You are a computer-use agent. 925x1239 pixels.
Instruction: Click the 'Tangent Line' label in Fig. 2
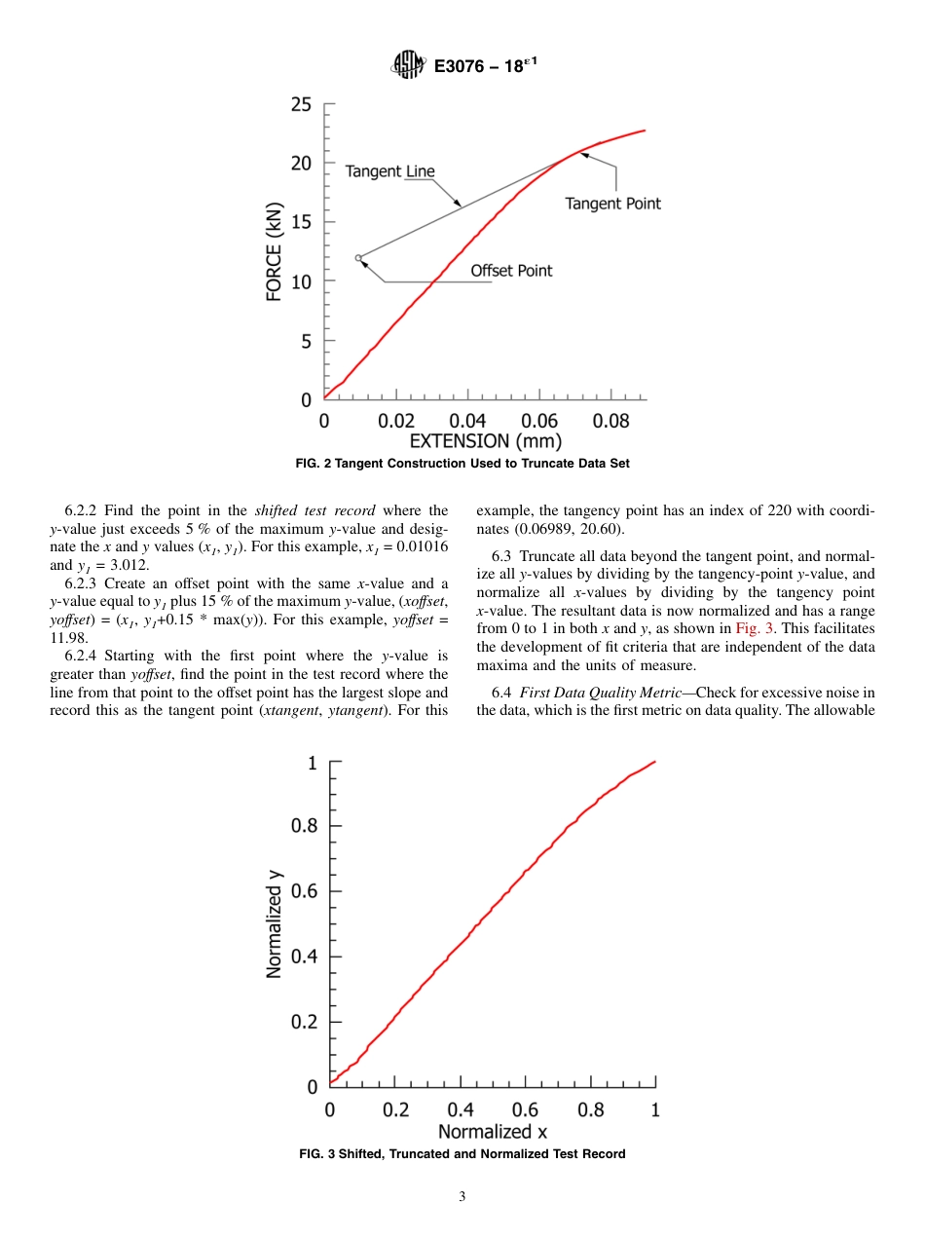click(x=389, y=171)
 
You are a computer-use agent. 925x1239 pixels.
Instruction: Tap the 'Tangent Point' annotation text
click(x=612, y=204)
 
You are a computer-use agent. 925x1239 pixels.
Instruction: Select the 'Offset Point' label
click(x=511, y=271)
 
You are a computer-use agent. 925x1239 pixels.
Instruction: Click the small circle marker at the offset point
click(x=358, y=258)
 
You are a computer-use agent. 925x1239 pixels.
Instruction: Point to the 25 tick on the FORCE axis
click(x=302, y=104)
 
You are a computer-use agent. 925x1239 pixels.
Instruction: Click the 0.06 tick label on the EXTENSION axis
click(x=539, y=421)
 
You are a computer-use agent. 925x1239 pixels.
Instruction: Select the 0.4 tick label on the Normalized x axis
click(x=461, y=1110)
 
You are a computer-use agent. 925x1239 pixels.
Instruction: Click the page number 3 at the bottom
click(x=462, y=1197)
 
